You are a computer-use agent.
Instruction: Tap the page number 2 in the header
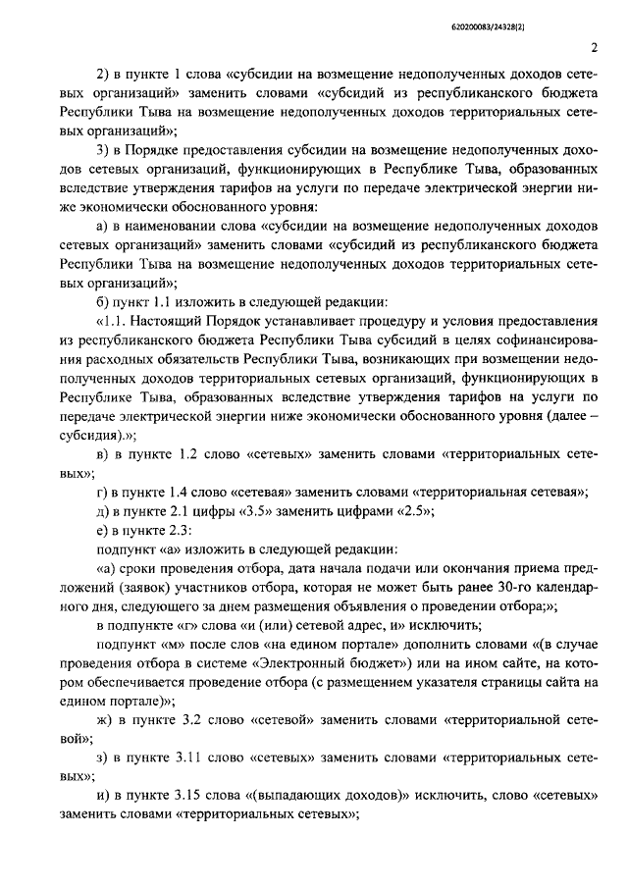point(595,48)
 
